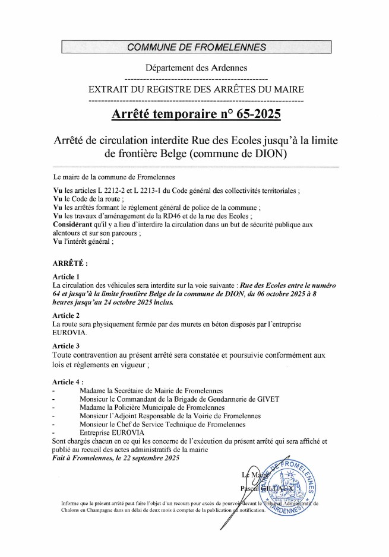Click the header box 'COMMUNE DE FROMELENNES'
point(195,47)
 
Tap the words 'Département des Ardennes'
point(196,68)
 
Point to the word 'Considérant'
point(73,227)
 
